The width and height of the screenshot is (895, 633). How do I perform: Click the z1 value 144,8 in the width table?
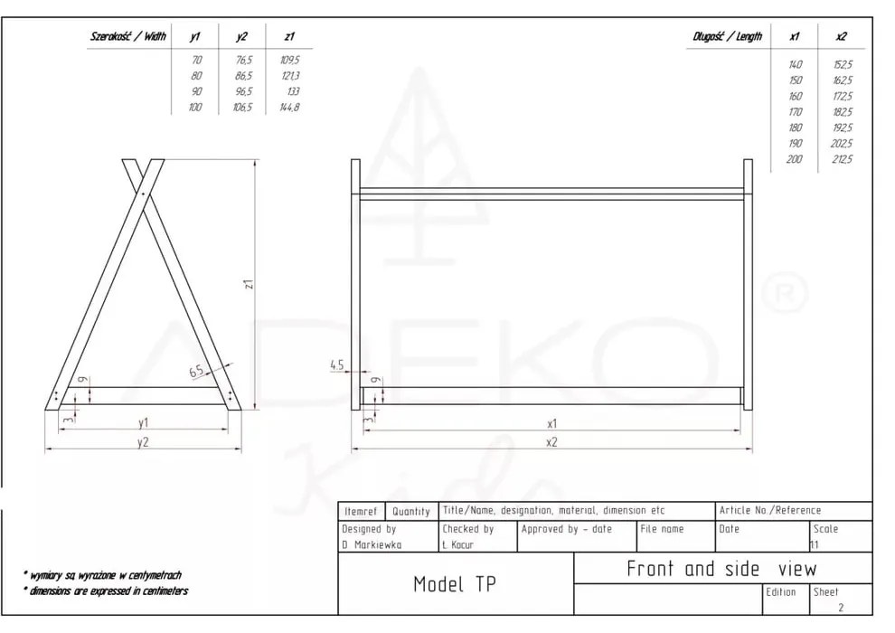[x=289, y=108]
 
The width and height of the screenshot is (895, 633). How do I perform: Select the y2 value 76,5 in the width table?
[x=243, y=60]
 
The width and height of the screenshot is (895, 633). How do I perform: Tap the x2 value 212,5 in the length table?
[x=842, y=159]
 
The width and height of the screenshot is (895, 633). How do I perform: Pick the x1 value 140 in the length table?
[x=795, y=65]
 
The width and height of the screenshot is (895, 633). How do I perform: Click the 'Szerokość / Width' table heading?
[x=128, y=37]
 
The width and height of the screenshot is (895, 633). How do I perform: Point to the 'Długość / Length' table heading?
[x=727, y=37]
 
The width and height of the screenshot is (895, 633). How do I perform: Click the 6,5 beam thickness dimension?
[x=196, y=372]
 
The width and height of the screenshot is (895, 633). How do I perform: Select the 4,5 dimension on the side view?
[x=336, y=365]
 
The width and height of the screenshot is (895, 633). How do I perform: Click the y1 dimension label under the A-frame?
[x=143, y=422]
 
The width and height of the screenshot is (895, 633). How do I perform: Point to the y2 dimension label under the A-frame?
[x=143, y=441]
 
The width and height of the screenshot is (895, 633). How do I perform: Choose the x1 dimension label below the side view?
[x=551, y=422]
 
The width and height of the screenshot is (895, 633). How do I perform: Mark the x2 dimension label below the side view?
[x=551, y=441]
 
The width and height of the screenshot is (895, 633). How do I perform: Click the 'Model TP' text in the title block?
[x=454, y=584]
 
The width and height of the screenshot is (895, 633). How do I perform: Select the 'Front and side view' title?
[x=721, y=569]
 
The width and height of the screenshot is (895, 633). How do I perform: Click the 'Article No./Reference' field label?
[x=770, y=511]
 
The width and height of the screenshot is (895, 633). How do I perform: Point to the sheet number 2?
[x=841, y=608]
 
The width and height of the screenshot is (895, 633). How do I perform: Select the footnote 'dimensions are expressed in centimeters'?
[x=107, y=591]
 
